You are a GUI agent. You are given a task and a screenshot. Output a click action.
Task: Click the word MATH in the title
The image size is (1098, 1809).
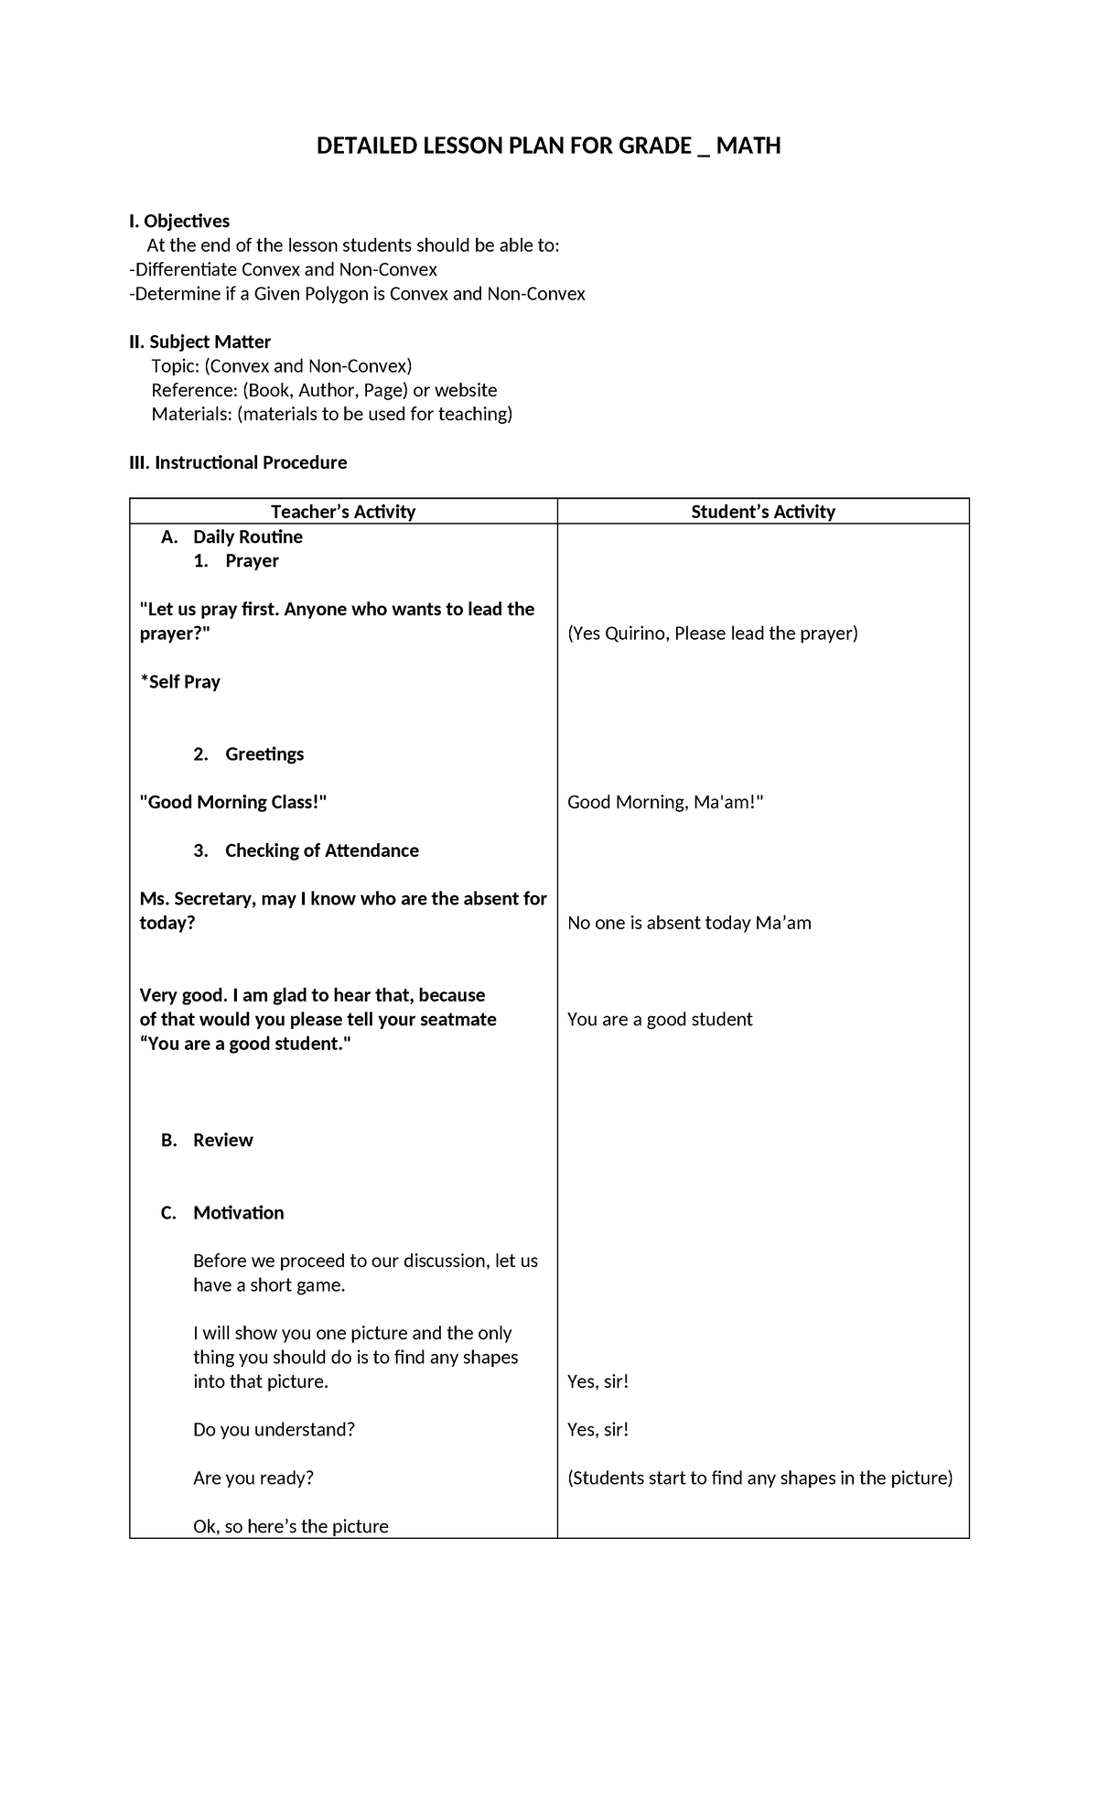748,146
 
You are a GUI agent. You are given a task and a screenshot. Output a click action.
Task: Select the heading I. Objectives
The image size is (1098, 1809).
179,221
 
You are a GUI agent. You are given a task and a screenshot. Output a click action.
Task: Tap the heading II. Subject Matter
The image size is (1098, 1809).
199,341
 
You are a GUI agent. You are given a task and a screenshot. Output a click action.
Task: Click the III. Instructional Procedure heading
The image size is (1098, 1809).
238,462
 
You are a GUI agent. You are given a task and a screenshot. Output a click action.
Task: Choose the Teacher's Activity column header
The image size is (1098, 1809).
343,512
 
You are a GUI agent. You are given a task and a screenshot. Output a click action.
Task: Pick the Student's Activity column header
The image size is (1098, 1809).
763,512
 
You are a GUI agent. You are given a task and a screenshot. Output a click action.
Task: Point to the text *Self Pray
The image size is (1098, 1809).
180,682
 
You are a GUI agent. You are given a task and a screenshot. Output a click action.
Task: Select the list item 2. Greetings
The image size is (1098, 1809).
249,754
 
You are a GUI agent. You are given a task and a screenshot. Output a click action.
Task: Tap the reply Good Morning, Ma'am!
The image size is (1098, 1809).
665,803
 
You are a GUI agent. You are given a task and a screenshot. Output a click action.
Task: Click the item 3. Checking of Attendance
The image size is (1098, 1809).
307,850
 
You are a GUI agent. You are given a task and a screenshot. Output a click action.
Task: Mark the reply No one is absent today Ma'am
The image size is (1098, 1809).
689,923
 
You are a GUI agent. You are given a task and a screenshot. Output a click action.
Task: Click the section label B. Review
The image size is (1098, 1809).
208,1140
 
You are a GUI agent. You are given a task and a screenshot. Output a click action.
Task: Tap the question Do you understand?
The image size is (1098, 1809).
274,1429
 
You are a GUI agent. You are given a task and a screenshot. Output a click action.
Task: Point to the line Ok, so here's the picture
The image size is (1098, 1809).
291,1526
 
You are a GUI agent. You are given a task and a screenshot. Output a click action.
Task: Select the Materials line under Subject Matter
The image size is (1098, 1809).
332,414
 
